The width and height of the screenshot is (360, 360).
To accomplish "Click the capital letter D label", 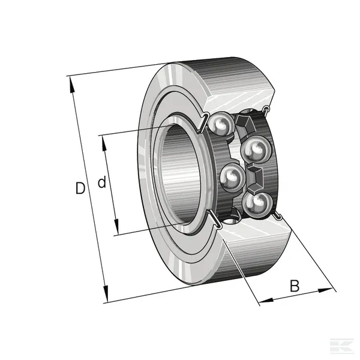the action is [x=80, y=188].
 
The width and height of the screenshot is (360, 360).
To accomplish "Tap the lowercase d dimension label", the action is [x=102, y=182].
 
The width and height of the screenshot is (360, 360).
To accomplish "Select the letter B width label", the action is [x=295, y=286].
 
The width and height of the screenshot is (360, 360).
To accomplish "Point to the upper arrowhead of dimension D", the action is [x=72, y=85].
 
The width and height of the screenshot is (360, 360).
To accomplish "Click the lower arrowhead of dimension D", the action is [x=106, y=294].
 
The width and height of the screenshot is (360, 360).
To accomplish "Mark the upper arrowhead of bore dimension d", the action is [x=104, y=143].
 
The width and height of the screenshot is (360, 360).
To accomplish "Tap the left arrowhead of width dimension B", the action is [x=266, y=301].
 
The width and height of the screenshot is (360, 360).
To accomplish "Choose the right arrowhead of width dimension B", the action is [x=326, y=290].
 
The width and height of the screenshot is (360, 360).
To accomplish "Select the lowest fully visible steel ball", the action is [x=257, y=204].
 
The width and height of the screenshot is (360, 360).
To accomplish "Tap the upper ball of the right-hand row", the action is [x=256, y=149].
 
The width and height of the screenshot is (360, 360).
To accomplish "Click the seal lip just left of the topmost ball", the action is [x=203, y=122].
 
